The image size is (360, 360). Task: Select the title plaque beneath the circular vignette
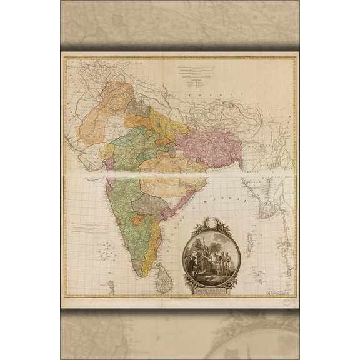coord(207,289)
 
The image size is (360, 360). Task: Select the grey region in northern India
coord(138,107)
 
